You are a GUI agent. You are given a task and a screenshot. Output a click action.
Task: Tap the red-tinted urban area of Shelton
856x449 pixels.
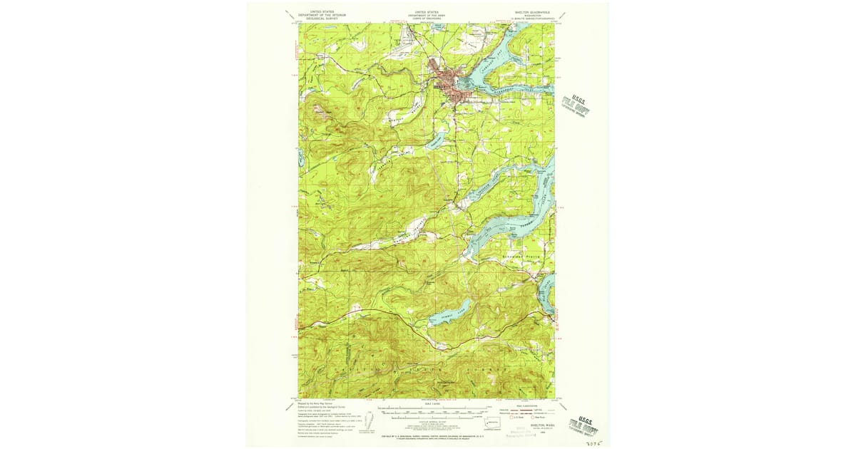445,81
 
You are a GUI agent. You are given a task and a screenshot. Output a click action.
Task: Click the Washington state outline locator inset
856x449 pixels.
491,422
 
